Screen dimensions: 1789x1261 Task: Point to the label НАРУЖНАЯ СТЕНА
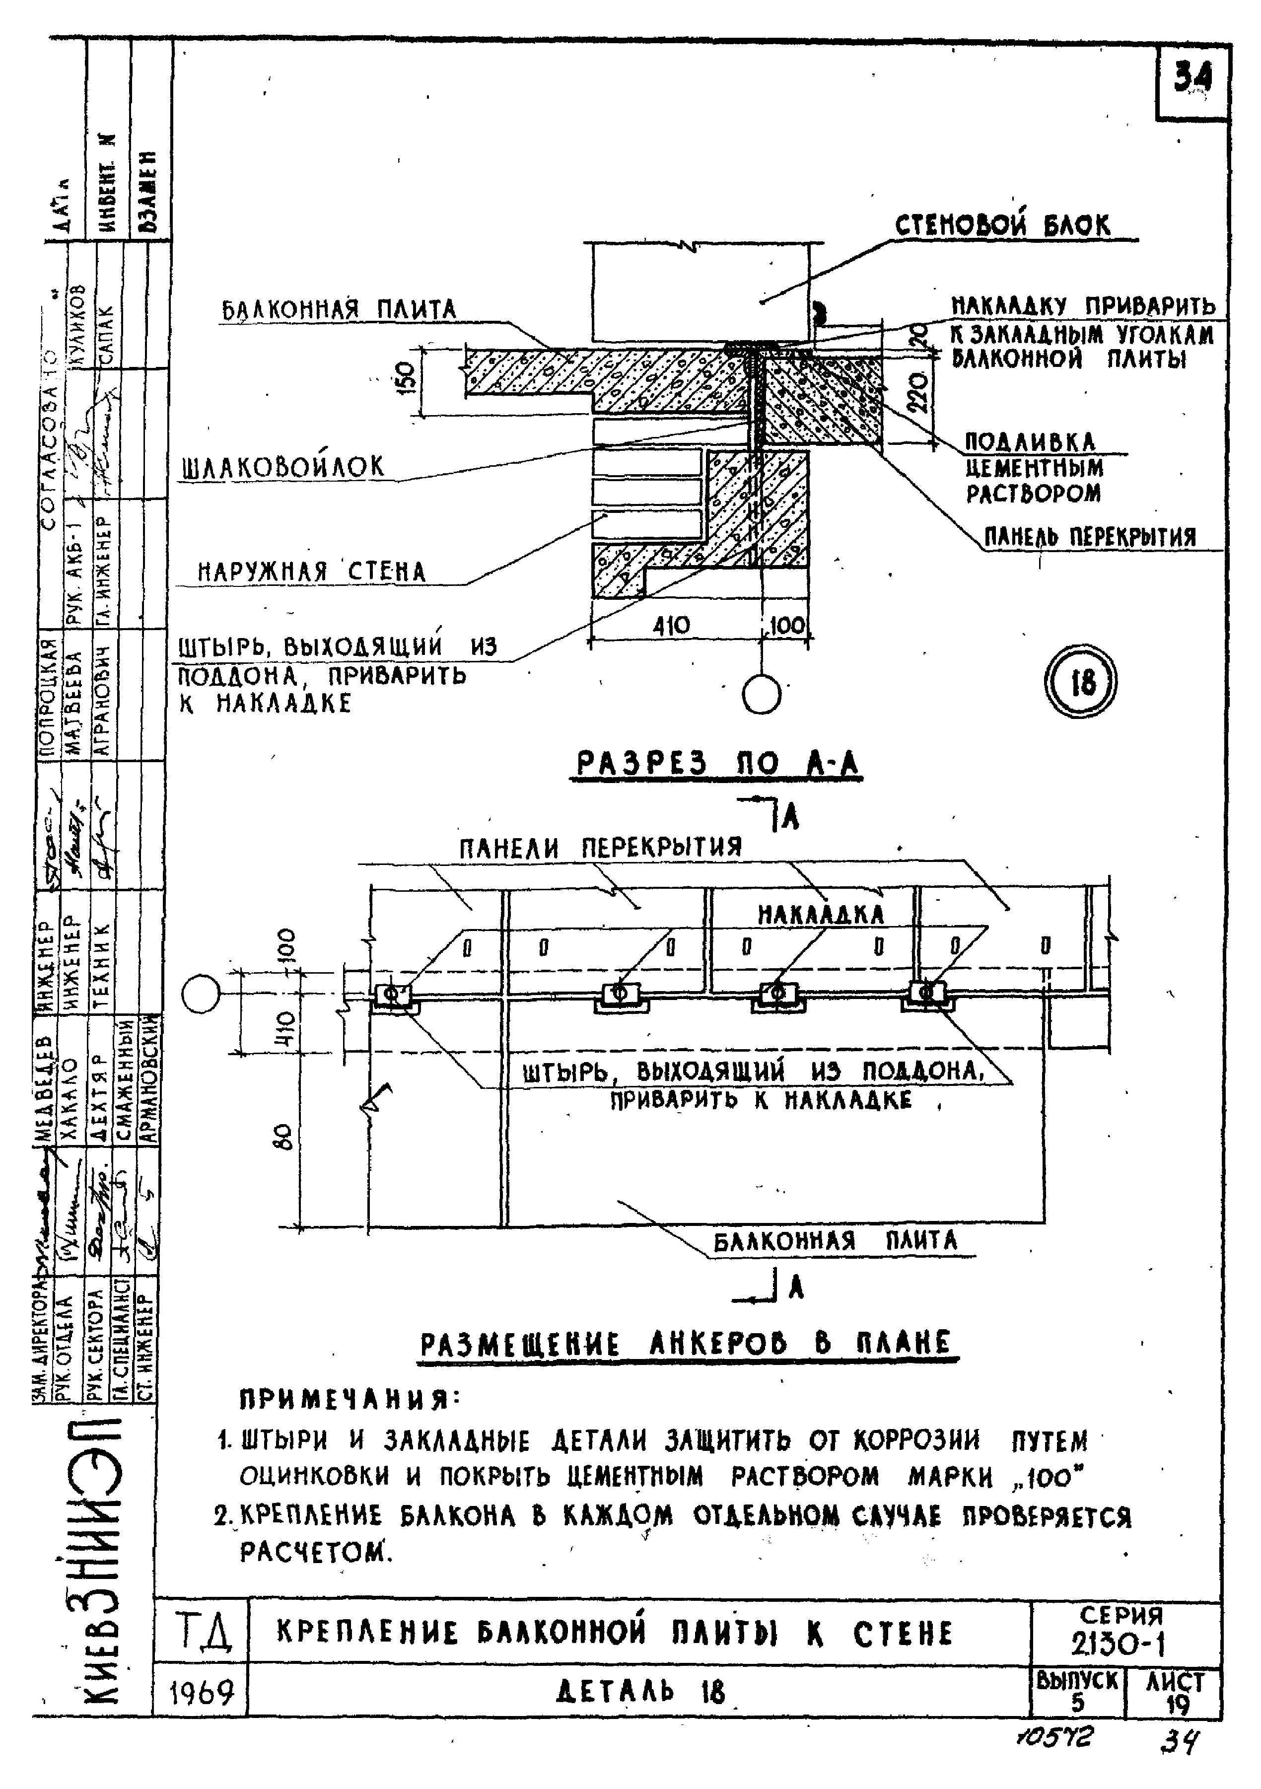click(x=312, y=572)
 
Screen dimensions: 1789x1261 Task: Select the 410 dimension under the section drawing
click(x=671, y=626)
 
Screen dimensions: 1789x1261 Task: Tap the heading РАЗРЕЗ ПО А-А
click(x=717, y=764)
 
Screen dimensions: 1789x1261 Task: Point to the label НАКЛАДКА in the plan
click(x=820, y=914)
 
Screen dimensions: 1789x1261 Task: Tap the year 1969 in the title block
click(x=202, y=1692)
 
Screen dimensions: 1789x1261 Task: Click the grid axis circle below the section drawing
click(x=761, y=693)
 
